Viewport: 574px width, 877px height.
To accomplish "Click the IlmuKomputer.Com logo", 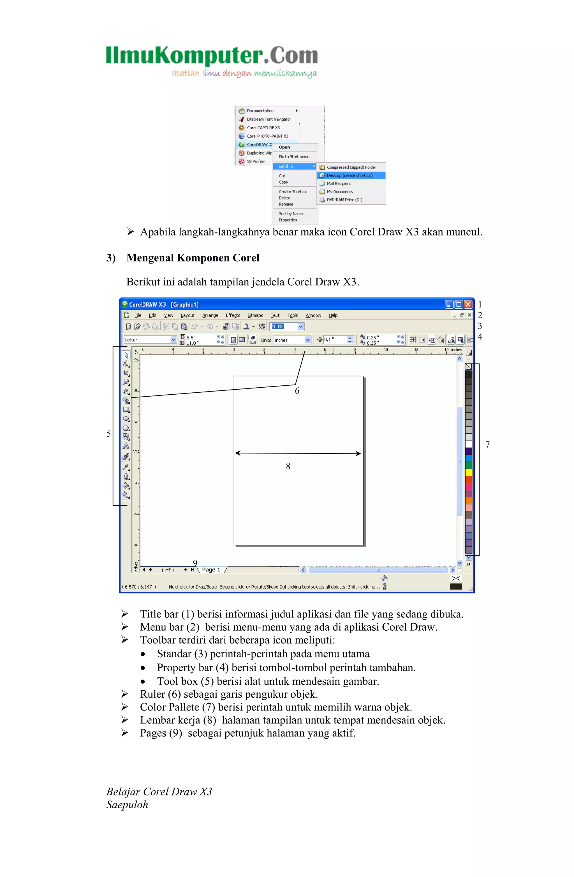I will pos(212,61).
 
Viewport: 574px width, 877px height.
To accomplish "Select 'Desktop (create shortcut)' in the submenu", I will pos(349,175).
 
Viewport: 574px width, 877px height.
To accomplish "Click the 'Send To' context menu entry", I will pos(286,166).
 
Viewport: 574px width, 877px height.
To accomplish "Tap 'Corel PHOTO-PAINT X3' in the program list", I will pos(267,136).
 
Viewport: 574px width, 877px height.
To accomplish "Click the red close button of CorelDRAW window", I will pos(468,304).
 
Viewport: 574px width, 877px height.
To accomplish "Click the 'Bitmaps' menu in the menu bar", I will pos(255,315).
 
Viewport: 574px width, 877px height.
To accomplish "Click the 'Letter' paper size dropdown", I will pos(150,340).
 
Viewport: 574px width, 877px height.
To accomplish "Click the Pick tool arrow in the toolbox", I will pos(126,355).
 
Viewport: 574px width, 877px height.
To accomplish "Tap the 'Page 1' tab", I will pos(211,570).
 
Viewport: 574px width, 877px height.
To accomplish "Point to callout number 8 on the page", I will pos(288,466).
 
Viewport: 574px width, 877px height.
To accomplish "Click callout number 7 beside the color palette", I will pos(487,445).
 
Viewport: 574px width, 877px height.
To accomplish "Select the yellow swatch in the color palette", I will pos(469,472).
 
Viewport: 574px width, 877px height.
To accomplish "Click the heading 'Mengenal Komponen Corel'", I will pos(193,258).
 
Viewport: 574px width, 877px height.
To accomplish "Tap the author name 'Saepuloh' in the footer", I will pos(127,805).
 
